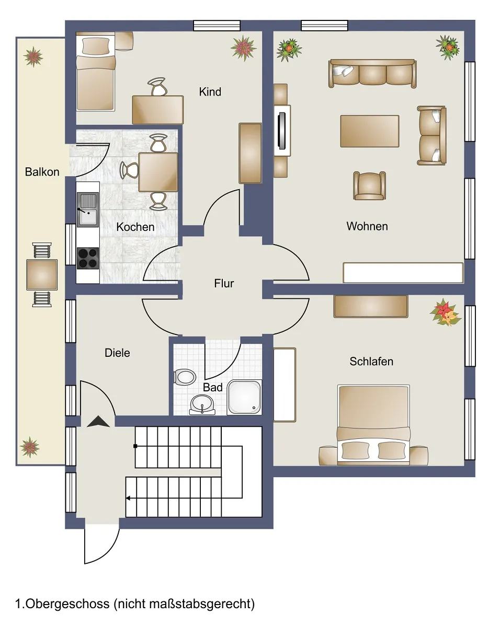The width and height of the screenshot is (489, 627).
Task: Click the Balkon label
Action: [42, 172]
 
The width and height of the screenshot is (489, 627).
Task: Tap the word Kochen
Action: [135, 227]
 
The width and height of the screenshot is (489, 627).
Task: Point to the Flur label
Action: [224, 283]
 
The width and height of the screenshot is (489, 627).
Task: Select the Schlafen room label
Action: [371, 361]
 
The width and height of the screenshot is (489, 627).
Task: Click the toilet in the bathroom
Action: [184, 377]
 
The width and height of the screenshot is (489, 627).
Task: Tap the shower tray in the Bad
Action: [244, 397]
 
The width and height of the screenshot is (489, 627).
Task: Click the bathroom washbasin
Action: [202, 404]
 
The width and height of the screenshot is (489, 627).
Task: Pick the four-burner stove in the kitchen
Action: [88, 258]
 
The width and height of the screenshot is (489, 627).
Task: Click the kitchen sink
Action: [88, 209]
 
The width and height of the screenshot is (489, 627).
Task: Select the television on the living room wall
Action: [281, 131]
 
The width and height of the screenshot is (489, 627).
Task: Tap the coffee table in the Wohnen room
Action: [370, 131]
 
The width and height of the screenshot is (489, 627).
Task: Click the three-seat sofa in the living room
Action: [372, 73]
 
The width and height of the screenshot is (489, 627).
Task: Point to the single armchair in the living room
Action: [369, 185]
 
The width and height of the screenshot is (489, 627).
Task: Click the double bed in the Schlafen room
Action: [373, 424]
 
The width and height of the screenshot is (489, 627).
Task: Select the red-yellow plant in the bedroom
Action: [445, 312]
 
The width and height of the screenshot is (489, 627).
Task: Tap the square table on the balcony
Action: [42, 275]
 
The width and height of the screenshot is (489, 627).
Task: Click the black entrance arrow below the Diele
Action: [98, 421]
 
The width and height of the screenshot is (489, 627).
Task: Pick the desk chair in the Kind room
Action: [157, 86]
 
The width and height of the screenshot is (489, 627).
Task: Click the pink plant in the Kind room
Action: [244, 48]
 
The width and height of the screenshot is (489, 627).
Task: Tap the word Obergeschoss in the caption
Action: [67, 603]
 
